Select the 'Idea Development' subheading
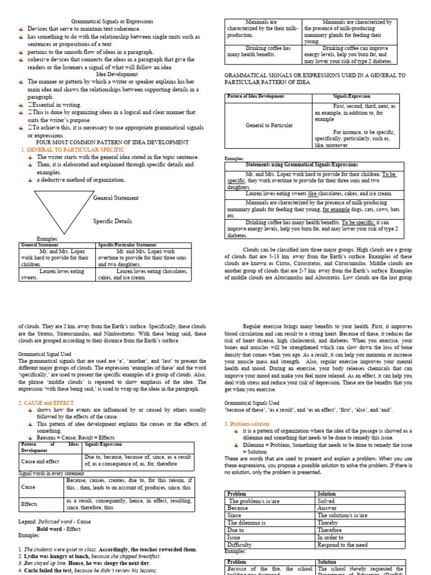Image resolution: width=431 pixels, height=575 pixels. pyautogui.click(x=110, y=74)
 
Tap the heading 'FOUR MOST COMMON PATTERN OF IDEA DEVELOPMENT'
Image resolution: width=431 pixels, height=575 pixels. pyautogui.click(x=112, y=143)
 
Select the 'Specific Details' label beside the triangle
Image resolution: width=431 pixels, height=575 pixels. pyautogui.click(x=112, y=221)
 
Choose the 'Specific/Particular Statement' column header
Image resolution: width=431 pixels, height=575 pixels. pyautogui.click(x=127, y=245)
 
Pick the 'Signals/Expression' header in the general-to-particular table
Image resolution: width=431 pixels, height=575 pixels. pyautogui.click(x=348, y=97)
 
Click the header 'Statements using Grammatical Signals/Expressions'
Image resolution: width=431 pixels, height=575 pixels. pyautogui.click(x=310, y=165)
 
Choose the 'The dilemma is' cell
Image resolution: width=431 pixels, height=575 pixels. pyautogui.click(x=246, y=522)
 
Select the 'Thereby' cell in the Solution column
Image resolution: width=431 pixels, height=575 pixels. pyautogui.click(x=327, y=522)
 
